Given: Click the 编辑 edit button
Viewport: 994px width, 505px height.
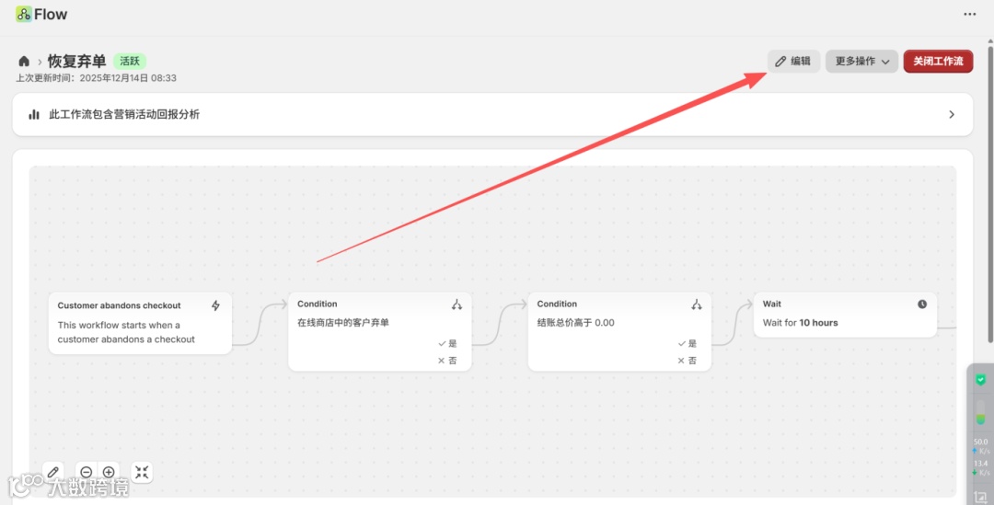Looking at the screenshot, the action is (793, 62).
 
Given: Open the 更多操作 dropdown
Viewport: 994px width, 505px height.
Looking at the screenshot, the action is (861, 62).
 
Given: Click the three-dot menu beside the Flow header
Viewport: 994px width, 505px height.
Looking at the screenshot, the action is (969, 15).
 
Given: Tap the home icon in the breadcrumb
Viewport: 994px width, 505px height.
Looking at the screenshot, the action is (24, 62).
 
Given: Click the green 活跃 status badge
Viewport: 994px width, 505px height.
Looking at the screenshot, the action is (130, 62).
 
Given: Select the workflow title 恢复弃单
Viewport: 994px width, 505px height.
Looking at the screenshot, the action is (76, 62).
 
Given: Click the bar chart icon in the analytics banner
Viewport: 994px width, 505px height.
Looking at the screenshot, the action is (34, 115).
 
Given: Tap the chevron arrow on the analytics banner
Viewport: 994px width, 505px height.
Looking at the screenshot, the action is (952, 115).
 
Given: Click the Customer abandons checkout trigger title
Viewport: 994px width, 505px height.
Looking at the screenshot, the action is (119, 305).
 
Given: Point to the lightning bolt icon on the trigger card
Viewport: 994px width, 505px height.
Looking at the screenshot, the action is (216, 305).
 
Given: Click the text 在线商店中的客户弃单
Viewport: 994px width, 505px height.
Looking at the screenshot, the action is (342, 323).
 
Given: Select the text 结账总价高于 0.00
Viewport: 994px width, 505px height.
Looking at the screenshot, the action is (575, 323).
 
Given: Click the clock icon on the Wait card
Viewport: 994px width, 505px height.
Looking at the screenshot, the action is (922, 304).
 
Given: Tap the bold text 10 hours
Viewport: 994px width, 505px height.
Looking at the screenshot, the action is (818, 323).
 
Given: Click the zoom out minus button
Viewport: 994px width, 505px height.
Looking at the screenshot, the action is (86, 472).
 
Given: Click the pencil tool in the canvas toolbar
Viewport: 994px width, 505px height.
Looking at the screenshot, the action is (53, 472).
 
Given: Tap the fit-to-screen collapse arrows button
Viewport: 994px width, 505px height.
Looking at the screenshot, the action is (142, 472).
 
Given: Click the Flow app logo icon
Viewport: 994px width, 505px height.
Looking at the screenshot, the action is (24, 15).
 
